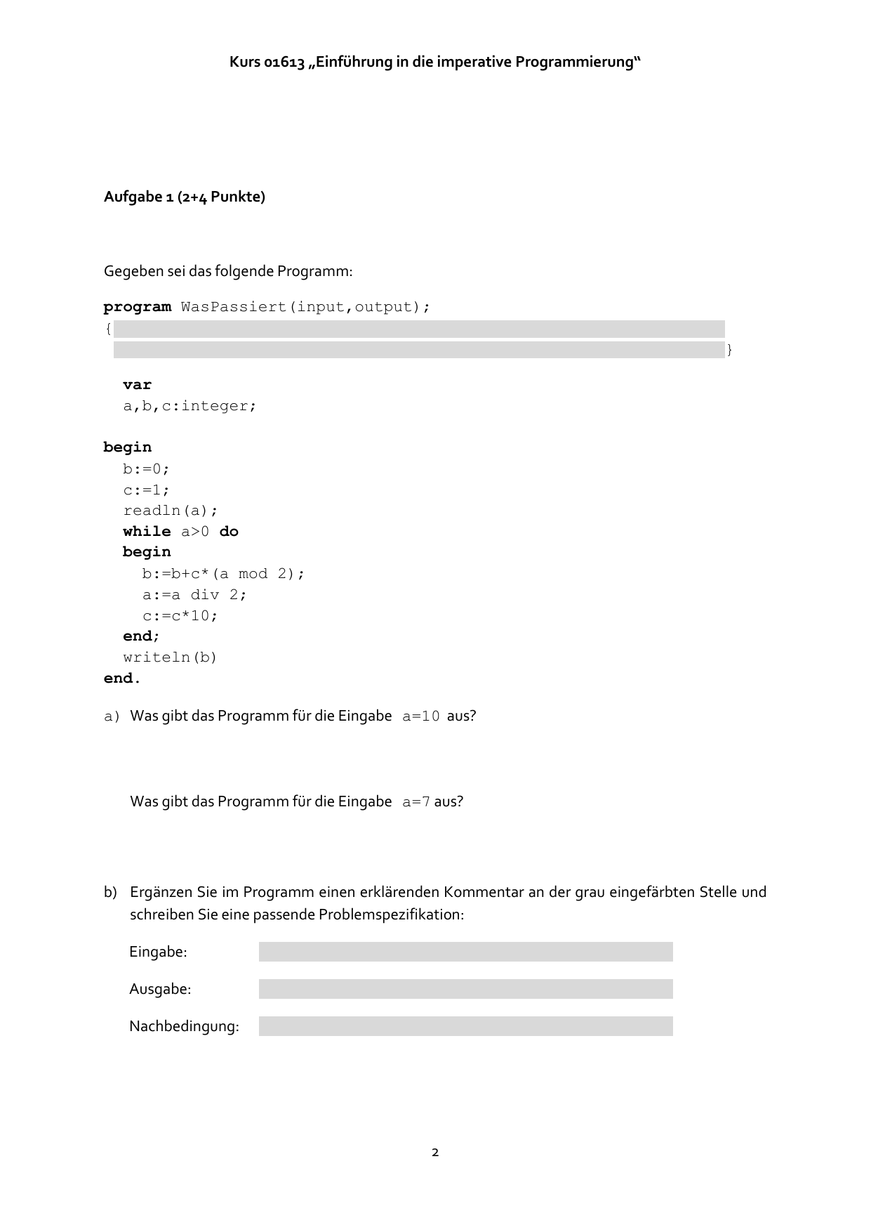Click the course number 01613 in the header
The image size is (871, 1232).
point(285,63)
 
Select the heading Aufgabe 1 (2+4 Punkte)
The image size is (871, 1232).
point(185,197)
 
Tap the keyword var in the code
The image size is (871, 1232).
point(137,385)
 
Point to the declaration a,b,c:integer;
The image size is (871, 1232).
point(190,406)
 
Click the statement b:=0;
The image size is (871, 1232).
point(146,468)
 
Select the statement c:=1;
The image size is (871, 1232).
point(146,490)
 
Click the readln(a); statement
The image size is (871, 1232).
point(171,511)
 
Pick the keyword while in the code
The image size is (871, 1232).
point(147,532)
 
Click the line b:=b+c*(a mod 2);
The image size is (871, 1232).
point(223,574)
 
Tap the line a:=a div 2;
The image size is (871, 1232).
point(194,595)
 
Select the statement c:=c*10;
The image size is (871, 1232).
point(180,616)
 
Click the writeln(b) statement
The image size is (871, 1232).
point(171,657)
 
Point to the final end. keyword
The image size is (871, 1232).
point(122,679)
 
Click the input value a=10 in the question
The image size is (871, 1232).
point(421,716)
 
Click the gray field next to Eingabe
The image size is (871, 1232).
point(465,952)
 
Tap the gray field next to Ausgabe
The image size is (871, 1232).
point(465,989)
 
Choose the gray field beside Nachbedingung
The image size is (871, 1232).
point(465,1026)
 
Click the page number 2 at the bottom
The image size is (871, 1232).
point(435,1153)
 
